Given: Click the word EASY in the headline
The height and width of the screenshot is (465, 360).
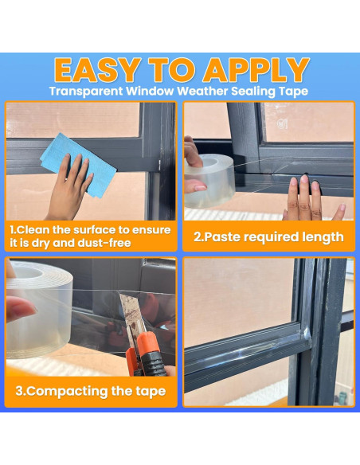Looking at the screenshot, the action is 97,70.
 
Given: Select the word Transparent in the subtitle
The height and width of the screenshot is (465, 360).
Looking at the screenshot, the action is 86,91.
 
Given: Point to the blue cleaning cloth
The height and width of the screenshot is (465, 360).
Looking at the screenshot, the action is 79,165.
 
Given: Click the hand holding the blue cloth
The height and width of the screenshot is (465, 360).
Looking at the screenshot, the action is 69,187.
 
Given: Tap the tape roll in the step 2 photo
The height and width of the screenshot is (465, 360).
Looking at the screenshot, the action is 209,181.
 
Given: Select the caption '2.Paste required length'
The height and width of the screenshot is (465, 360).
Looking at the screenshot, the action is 268,237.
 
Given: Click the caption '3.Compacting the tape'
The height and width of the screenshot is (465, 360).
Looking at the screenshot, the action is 91,392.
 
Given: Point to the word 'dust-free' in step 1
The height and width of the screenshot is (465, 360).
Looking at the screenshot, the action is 104,243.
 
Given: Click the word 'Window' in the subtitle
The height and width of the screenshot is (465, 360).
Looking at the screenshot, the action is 150,91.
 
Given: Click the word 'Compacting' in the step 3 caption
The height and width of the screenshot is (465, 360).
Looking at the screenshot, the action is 62,392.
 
